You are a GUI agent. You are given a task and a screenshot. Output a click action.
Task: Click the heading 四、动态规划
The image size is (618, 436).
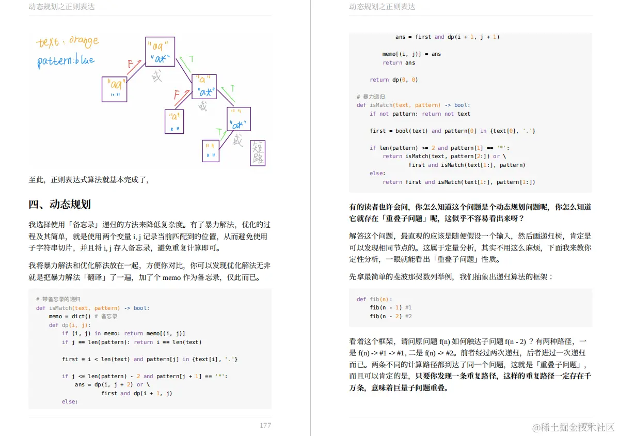click(59, 205)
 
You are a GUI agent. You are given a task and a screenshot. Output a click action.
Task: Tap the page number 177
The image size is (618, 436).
click(265, 425)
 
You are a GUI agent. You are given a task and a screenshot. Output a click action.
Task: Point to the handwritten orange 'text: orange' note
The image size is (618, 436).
click(67, 41)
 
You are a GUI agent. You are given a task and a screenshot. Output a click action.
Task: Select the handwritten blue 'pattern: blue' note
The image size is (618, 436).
click(66, 60)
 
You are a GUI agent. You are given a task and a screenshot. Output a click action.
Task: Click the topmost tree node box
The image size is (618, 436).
click(160, 51)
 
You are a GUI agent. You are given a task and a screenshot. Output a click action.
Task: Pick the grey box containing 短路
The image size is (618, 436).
click(258, 152)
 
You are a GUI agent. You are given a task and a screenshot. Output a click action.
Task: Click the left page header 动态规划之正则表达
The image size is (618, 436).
click(61, 7)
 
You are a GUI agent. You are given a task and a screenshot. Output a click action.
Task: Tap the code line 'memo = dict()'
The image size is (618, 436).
click(83, 316)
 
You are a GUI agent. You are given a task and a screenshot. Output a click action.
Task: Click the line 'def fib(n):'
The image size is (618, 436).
click(374, 299)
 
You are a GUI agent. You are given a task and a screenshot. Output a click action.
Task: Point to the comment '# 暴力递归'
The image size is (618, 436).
click(371, 97)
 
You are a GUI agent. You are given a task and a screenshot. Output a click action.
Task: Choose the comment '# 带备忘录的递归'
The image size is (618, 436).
click(58, 299)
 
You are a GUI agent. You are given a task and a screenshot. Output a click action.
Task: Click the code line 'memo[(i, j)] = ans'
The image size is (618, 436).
click(411, 54)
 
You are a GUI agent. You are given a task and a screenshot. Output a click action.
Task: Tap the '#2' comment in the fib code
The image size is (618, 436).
click(408, 316)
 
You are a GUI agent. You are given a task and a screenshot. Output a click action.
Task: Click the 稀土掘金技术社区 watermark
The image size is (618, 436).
click(573, 427)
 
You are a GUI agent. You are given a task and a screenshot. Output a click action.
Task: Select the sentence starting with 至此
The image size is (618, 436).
click(88, 180)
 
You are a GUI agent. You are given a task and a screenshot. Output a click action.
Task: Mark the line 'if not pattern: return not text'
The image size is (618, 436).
click(420, 114)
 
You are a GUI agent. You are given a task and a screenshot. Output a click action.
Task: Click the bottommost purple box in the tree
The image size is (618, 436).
click(211, 151)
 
